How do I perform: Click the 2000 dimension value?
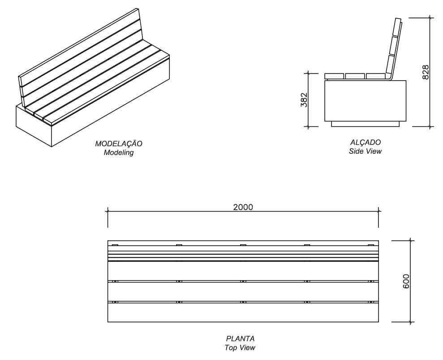(243, 207)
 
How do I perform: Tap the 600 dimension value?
(406, 281)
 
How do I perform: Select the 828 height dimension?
(426, 72)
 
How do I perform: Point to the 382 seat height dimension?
(304, 100)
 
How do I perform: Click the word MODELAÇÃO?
(119, 144)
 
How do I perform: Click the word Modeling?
(119, 152)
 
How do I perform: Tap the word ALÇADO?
(365, 143)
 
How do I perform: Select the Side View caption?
(365, 151)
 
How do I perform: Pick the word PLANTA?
(240, 339)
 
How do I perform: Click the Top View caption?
(240, 347)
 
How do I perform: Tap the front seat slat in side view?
(334, 76)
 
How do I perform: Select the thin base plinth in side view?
(365, 124)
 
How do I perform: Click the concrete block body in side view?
(365, 101)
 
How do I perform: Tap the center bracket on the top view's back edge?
(243, 245)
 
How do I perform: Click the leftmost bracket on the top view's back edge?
(115, 245)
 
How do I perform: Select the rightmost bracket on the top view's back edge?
(371, 245)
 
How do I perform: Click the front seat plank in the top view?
(243, 312)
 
